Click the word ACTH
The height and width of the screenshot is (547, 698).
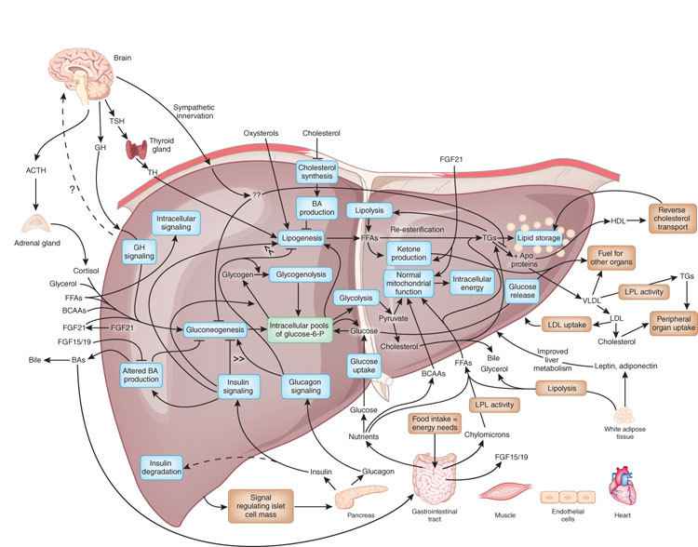[x=34, y=169]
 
